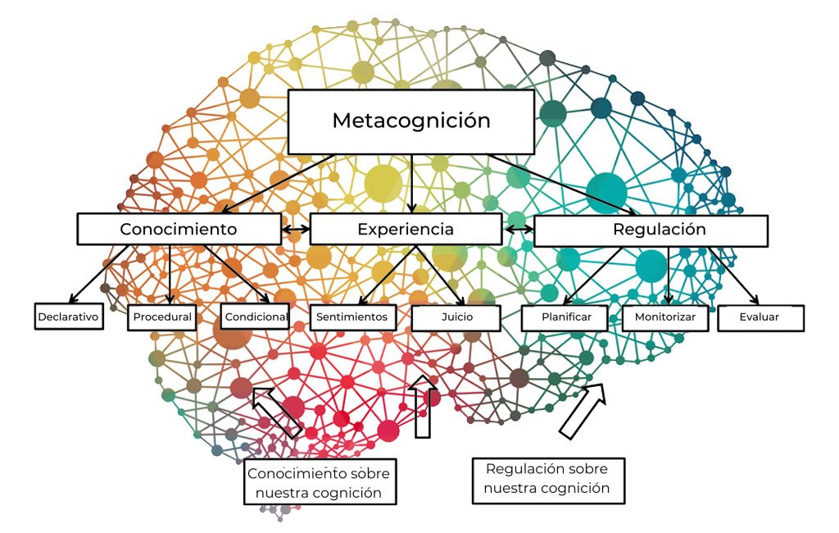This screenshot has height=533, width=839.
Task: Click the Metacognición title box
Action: (x=410, y=121)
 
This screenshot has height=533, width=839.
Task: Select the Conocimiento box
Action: (x=179, y=229)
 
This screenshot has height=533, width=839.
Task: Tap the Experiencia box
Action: (x=406, y=229)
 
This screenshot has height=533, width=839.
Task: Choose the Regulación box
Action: (x=651, y=230)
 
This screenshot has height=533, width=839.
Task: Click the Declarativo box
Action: (x=69, y=317)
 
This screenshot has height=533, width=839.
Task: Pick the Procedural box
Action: (x=161, y=317)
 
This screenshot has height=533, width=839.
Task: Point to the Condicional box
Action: (x=255, y=317)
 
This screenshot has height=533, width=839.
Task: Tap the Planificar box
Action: (x=565, y=317)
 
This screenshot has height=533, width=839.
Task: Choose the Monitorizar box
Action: (x=664, y=317)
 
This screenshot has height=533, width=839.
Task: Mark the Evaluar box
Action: (x=760, y=317)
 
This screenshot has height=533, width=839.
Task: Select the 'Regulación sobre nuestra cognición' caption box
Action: (x=547, y=479)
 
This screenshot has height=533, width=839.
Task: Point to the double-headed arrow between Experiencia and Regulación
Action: (x=518, y=230)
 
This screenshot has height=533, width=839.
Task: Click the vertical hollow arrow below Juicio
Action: (x=423, y=407)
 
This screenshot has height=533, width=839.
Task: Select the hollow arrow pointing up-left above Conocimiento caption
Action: (x=277, y=412)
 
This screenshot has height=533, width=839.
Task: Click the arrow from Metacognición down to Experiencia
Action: (x=410, y=184)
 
